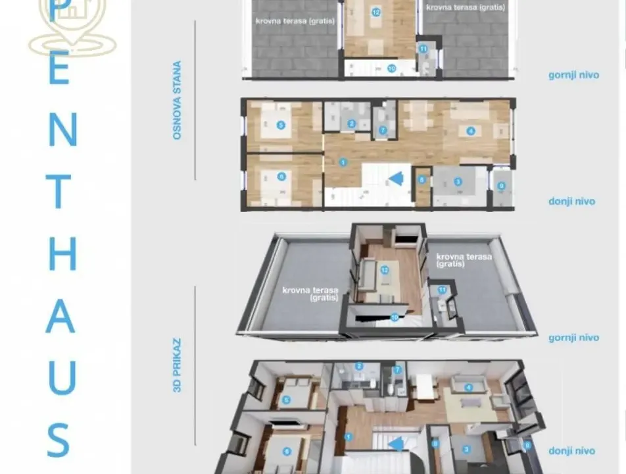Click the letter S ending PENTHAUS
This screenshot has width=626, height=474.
click(x=60, y=440)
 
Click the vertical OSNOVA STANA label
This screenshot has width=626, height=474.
click(x=176, y=100)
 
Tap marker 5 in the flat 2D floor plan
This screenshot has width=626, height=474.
click(x=281, y=125)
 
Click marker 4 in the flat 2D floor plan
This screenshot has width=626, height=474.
click(x=470, y=130)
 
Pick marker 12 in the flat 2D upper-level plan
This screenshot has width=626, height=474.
click(x=376, y=12)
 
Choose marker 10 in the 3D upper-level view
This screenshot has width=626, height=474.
click(x=394, y=317)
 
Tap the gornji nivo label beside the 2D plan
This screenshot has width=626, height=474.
click(x=573, y=75)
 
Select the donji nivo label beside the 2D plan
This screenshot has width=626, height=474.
click(x=571, y=201)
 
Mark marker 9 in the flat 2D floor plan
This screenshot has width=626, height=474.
click(x=501, y=186)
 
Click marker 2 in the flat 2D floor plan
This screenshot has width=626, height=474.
click(x=352, y=123)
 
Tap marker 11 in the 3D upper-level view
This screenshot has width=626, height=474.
click(x=442, y=290)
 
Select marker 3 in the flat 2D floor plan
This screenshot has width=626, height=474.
click(x=458, y=182)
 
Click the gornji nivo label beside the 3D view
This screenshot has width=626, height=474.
click(x=573, y=338)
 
